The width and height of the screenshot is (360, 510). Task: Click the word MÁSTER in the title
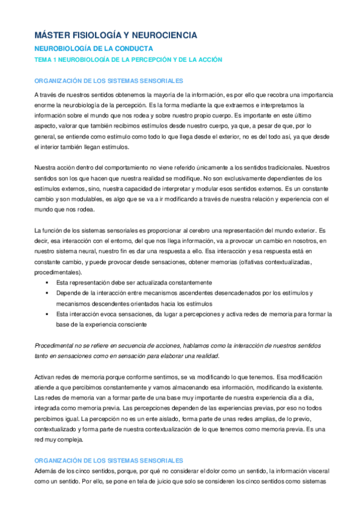pyautogui.click(x=52, y=36)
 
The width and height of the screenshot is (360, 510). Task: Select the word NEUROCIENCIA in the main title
pyautogui.click(x=162, y=36)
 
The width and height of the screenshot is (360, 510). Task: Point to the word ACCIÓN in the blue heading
pyautogui.click(x=207, y=60)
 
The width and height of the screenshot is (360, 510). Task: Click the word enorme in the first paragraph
pyautogui.click(x=44, y=105)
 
